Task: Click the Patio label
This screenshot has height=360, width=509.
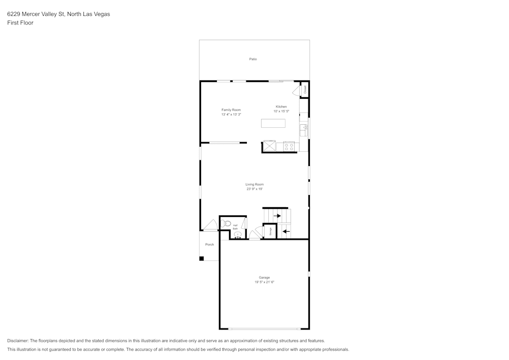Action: point(253,59)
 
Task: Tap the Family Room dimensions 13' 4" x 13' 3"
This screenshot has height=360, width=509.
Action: point(231,115)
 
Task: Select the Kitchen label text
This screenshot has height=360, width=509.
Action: point(281,106)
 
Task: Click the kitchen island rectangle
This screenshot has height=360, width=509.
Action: point(273,123)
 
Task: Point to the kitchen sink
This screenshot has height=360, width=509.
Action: point(303,130)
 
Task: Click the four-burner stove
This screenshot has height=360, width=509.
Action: point(289,147)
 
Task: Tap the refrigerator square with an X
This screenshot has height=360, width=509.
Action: point(269,147)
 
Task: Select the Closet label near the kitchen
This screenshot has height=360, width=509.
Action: point(305,89)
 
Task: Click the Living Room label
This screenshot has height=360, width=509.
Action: point(254,184)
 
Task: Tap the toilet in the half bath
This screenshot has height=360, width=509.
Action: point(227,224)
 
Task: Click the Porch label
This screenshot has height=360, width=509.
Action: point(210,244)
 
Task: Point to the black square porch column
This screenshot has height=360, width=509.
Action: point(202,259)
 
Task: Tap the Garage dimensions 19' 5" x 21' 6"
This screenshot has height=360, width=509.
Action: point(264,282)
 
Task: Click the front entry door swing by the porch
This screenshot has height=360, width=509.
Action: point(210,226)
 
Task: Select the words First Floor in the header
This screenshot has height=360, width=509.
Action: point(20,23)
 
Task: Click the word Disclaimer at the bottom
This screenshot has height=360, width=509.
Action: point(18,341)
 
